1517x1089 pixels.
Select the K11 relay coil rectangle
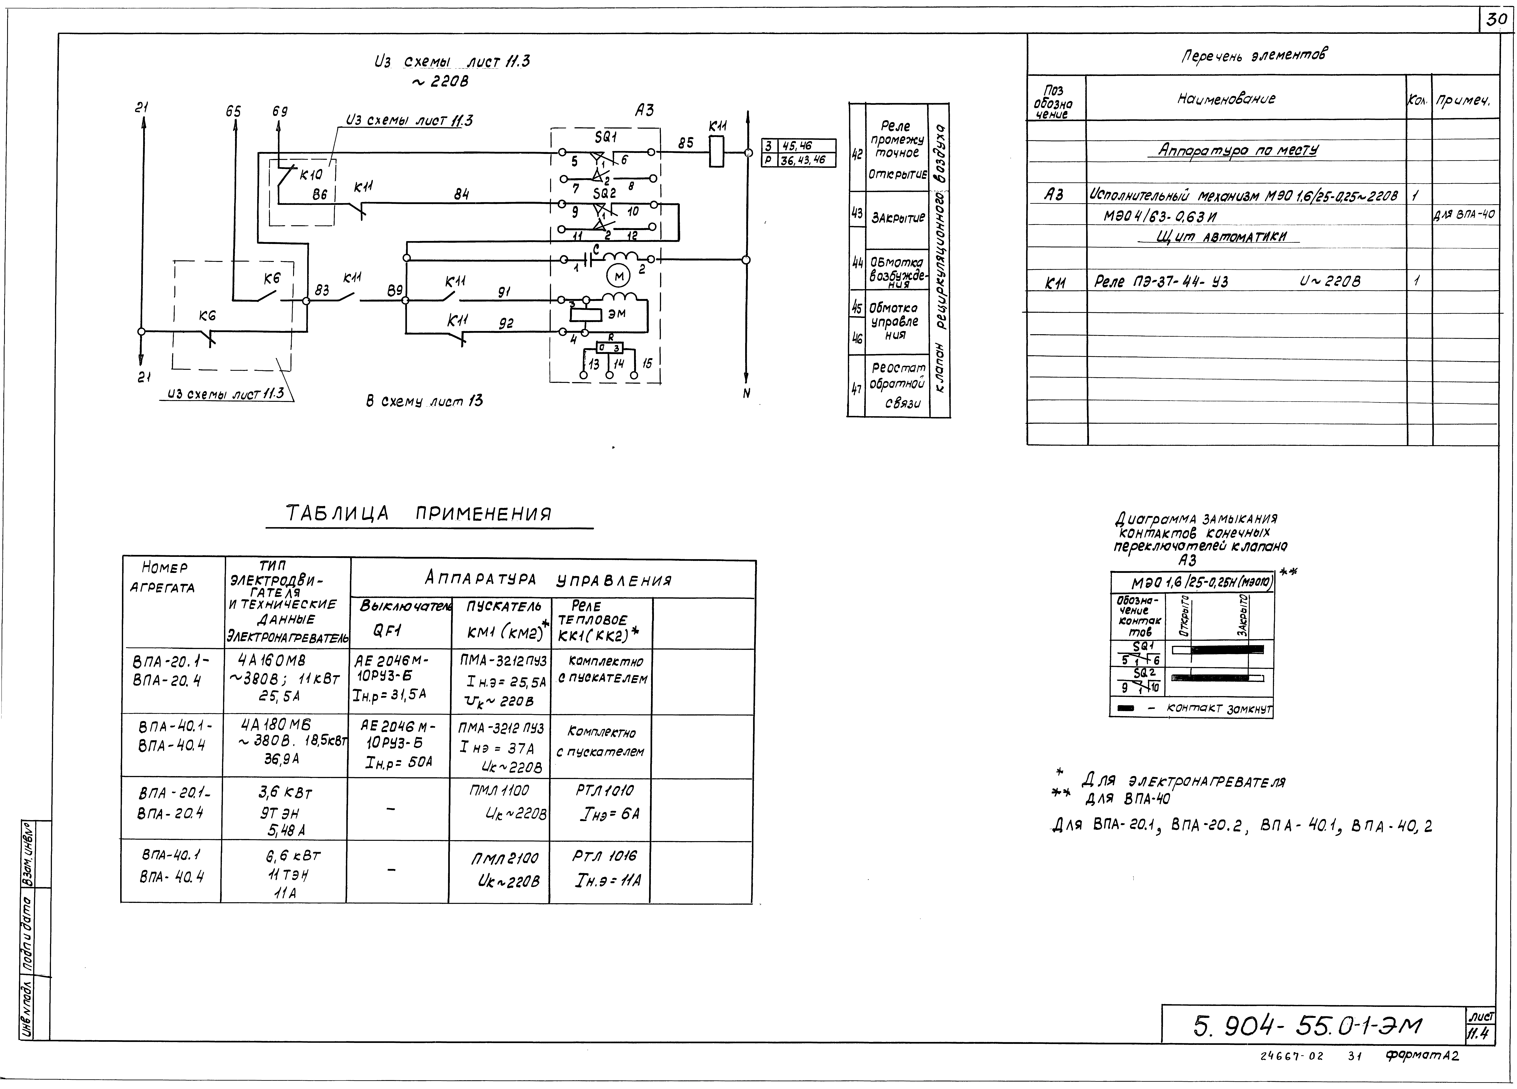[x=716, y=152]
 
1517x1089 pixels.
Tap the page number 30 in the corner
[x=1496, y=20]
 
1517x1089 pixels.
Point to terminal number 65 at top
[x=233, y=111]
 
